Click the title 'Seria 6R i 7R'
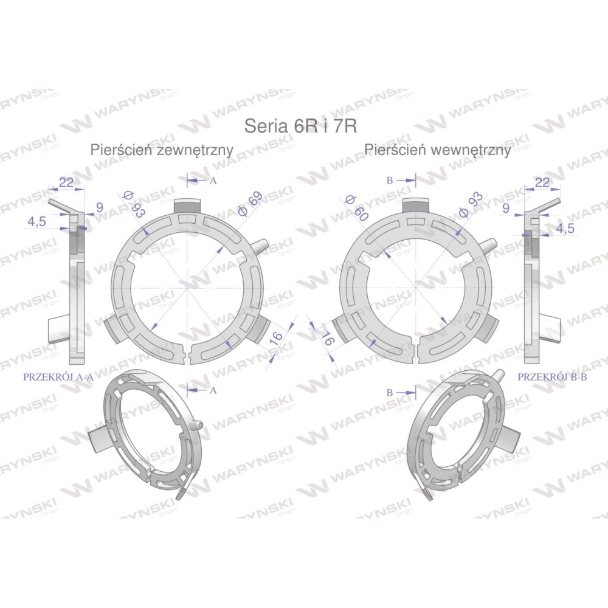[300, 126]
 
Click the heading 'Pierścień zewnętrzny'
[162, 150]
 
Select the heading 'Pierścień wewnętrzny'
[437, 150]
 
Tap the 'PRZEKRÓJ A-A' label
[58, 376]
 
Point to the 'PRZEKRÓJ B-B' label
[552, 376]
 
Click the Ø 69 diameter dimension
[250, 204]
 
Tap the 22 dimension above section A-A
[66, 182]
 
